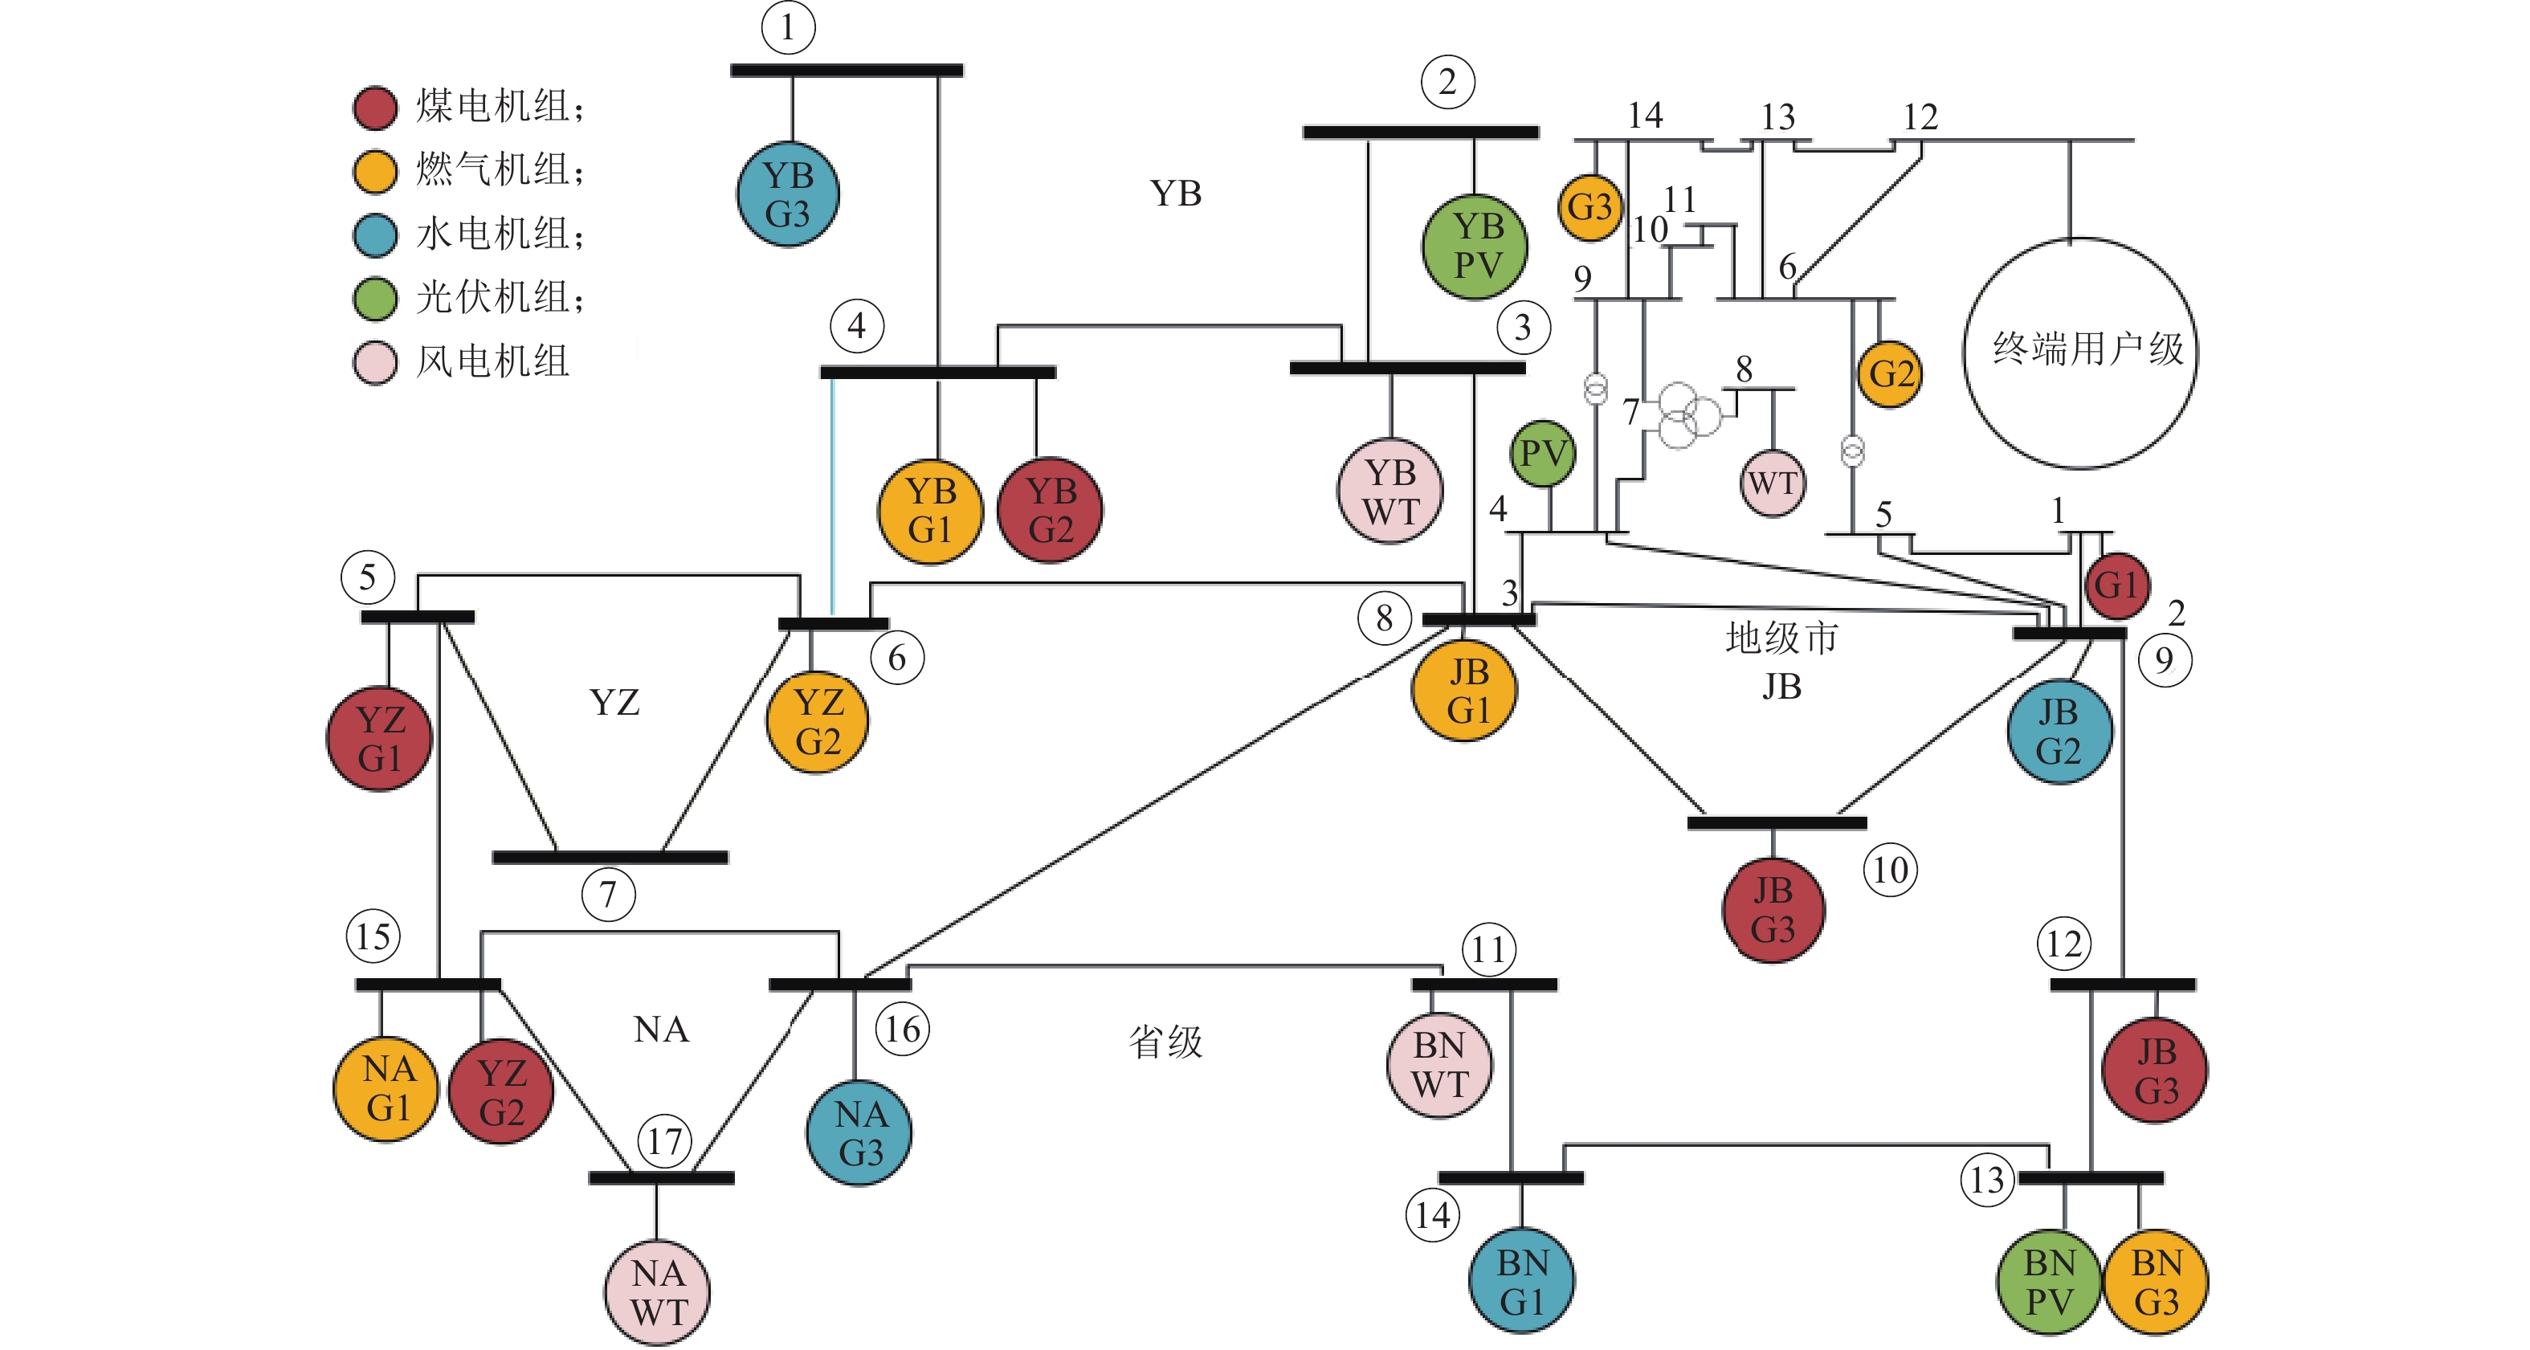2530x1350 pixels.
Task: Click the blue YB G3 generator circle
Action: point(788,194)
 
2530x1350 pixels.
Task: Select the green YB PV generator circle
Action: point(1475,247)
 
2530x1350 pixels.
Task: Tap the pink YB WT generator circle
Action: point(1389,491)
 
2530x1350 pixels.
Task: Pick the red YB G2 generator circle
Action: point(1050,511)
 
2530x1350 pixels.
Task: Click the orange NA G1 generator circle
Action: point(386,1089)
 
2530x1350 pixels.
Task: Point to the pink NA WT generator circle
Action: point(657,1292)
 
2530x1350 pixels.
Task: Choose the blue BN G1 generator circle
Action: point(1521,1281)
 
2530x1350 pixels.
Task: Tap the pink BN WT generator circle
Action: point(1438,1065)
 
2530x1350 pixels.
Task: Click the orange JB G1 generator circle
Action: point(1464,690)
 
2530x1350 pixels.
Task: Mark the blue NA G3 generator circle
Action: point(859,1133)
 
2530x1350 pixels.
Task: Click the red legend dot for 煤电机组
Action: point(375,108)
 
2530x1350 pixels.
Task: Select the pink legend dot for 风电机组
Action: point(375,362)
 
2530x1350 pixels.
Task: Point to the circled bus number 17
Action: point(665,1141)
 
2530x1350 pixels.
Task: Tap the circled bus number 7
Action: point(608,895)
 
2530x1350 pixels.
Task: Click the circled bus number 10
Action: point(1890,870)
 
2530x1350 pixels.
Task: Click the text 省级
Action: point(1165,1042)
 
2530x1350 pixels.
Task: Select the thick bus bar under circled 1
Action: point(847,71)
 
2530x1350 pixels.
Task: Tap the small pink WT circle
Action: point(1772,483)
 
